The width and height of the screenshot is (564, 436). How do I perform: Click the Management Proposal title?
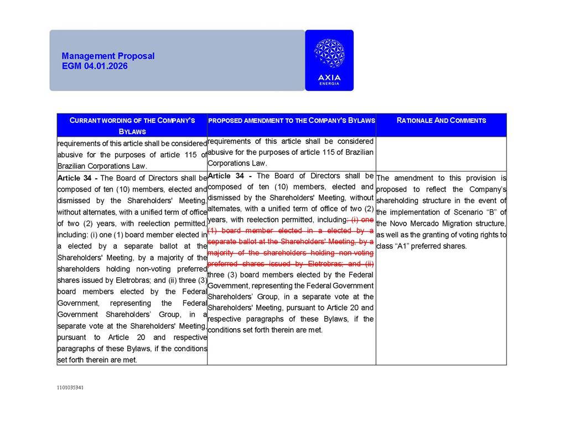[x=108, y=56]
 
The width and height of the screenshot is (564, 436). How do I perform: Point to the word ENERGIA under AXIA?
[x=329, y=84]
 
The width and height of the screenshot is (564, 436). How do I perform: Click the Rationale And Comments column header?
[x=441, y=120]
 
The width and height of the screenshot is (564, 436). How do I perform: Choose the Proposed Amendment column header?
[x=291, y=120]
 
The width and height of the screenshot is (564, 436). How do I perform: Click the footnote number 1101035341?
[x=70, y=388]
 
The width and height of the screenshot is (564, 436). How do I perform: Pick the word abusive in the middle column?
[x=219, y=152]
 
